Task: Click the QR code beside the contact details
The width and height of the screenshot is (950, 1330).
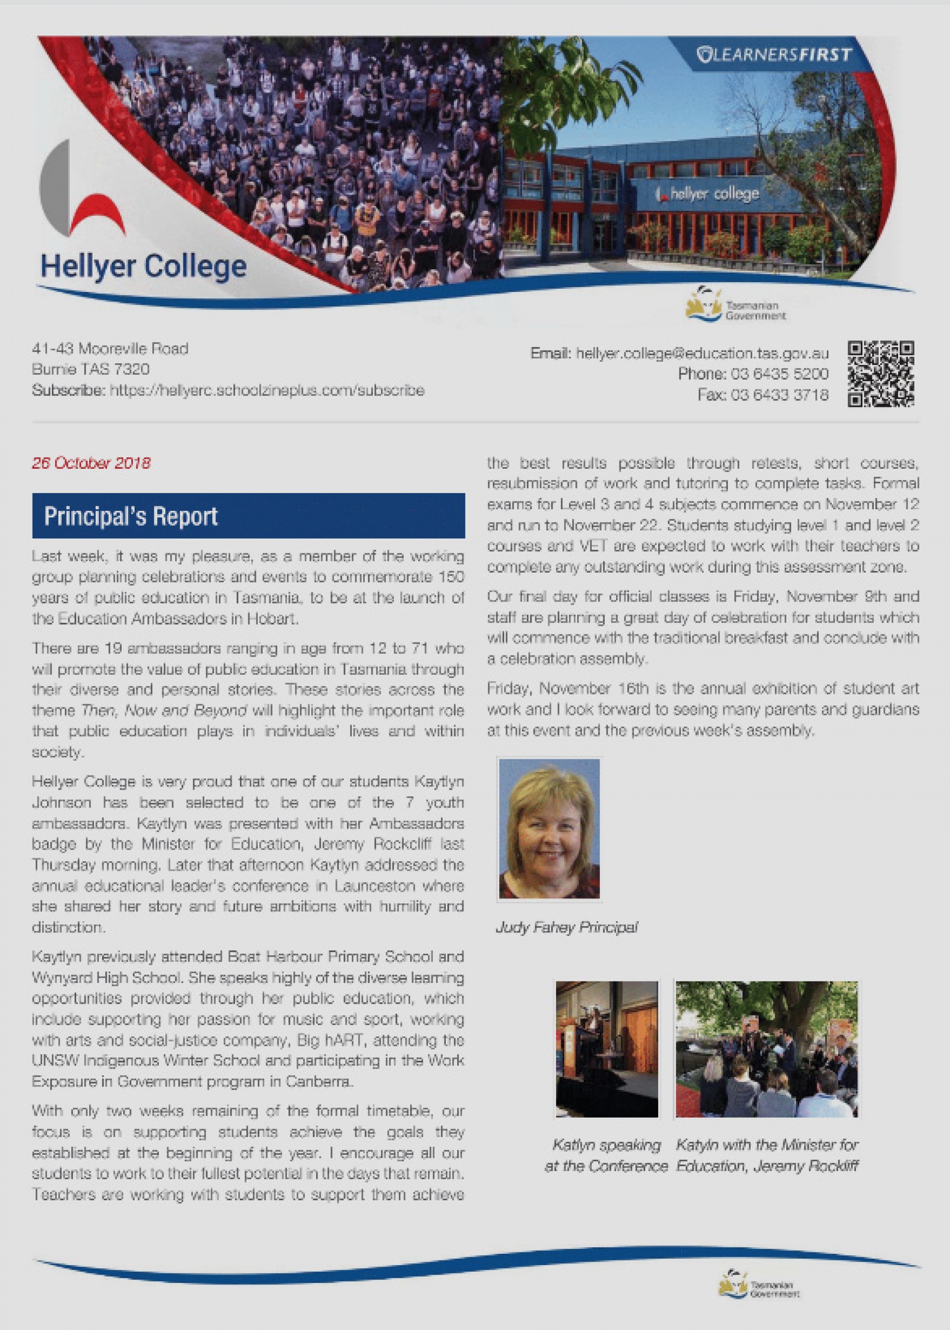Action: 880,373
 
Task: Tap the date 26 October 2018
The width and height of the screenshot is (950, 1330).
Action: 91,463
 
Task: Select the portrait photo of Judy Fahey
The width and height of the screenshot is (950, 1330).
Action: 549,828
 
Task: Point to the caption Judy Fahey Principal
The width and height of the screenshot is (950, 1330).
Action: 566,927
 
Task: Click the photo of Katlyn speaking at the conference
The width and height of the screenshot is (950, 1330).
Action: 607,1049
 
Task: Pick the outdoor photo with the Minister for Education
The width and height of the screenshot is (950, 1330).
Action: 766,1049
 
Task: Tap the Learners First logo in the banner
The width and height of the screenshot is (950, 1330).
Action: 774,55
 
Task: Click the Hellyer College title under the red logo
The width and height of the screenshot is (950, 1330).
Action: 143,266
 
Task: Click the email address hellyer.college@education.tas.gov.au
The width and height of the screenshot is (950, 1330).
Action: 702,353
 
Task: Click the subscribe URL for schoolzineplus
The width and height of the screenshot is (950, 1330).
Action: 267,390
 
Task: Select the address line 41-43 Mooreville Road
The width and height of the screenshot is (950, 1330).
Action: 110,349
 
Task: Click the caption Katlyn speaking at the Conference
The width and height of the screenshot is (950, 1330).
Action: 606,1155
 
